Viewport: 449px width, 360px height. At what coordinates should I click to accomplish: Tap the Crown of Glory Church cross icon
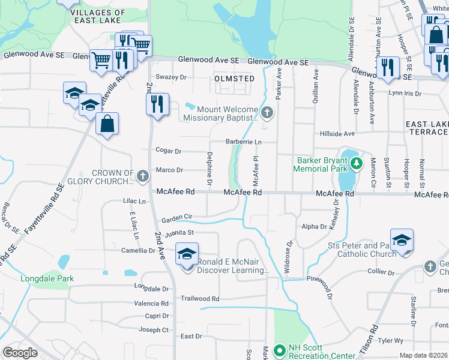[x=142, y=176]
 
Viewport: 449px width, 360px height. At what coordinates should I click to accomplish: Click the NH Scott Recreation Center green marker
[x=279, y=349]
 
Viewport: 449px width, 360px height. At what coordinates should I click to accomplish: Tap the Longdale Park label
[x=47, y=278]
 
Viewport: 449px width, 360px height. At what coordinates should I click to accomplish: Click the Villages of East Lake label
[x=98, y=16]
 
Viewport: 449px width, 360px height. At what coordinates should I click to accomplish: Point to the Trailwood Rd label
[x=200, y=298]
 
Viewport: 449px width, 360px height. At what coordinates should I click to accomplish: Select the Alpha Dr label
[x=314, y=227]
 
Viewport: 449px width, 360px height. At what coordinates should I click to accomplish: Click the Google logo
[x=20, y=353]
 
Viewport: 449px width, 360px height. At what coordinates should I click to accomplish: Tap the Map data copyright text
[x=423, y=355]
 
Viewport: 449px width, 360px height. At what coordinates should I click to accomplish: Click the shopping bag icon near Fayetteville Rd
[x=107, y=124]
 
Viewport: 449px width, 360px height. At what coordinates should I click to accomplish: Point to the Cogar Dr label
[x=168, y=151]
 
